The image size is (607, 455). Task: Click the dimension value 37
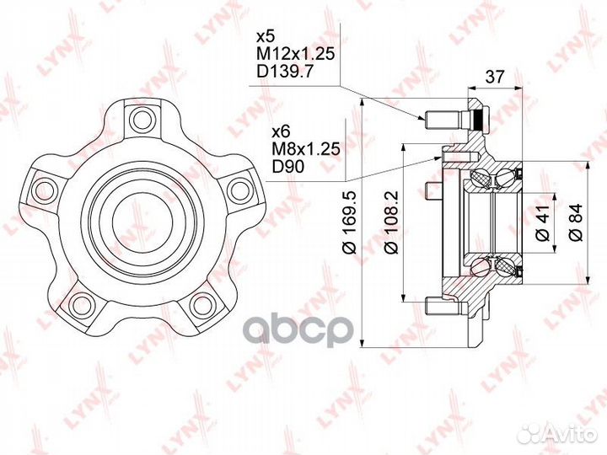click(496, 77)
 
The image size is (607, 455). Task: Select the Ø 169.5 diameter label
click(351, 222)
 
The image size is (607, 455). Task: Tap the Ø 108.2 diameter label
click(392, 222)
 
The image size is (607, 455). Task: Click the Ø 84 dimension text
click(576, 222)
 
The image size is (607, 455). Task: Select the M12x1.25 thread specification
click(295, 54)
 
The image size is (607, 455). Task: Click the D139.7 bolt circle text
click(284, 72)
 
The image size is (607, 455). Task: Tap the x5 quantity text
click(266, 37)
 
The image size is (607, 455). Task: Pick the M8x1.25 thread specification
click(306, 148)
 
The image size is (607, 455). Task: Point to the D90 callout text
click(288, 166)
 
